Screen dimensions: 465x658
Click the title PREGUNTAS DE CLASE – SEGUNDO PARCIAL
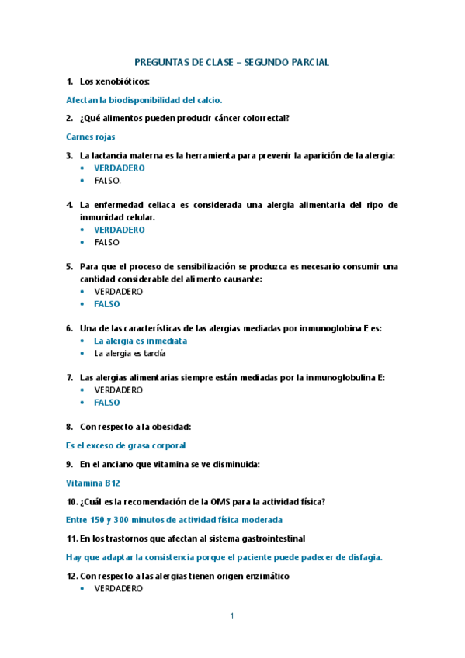pos(231,62)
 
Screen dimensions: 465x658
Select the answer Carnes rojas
pos(90,137)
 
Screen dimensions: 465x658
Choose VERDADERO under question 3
pos(119,168)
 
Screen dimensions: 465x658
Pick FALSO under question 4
pos(107,242)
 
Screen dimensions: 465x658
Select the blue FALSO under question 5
pos(107,304)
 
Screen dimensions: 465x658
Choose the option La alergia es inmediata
pos(141,341)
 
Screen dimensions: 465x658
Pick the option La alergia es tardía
pos(130,353)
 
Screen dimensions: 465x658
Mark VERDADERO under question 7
pos(119,390)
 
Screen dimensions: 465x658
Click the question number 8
pos(69,427)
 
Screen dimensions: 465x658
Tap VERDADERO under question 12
pos(119,589)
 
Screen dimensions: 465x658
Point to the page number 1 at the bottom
pos(231,616)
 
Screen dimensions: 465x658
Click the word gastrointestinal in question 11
pos(262,539)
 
